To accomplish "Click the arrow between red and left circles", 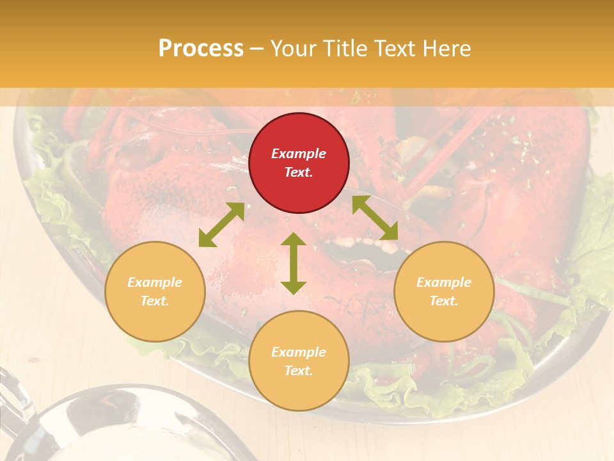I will (x=221, y=225).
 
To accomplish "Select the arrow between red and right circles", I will (x=375, y=218).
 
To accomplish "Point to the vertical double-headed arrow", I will (x=294, y=263).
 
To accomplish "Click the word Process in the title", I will (x=201, y=48).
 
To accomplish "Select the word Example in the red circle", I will (x=299, y=154).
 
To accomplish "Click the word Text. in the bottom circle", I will (x=299, y=371).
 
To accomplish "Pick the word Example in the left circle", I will (x=155, y=282).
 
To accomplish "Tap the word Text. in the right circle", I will (x=444, y=301).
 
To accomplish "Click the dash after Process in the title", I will (x=257, y=49).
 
